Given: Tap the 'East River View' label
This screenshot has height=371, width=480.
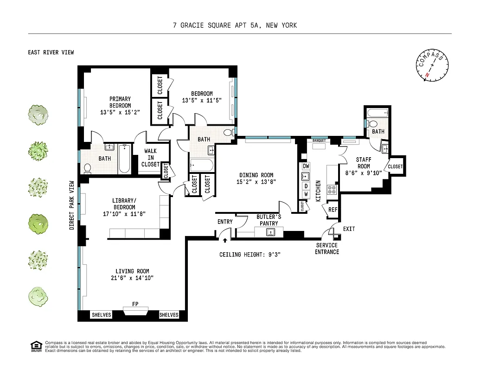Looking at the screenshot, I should [51, 52].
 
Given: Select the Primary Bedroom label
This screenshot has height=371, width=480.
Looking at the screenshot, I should [120, 105].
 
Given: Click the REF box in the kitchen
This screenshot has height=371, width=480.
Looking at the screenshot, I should [333, 210].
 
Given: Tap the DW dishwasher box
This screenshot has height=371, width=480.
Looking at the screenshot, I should [306, 166].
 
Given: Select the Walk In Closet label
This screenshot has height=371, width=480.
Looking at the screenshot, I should [150, 158].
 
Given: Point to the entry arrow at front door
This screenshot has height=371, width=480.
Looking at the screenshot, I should [225, 241].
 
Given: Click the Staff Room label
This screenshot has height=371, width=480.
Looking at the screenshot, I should [363, 163].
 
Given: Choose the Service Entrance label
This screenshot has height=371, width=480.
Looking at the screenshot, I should [327, 249].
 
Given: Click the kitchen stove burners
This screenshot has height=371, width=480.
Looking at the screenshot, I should [332, 189].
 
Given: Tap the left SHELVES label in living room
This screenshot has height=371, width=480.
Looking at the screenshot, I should [102, 315].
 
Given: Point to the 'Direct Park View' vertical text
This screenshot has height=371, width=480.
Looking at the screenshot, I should [72, 205].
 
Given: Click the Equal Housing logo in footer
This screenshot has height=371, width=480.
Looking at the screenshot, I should [35, 345].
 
